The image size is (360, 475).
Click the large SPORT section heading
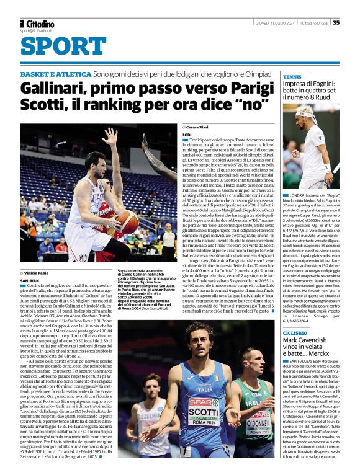pyautogui.click(x=54, y=45)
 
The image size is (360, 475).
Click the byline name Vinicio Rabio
pyautogui.click(x=40, y=273)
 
